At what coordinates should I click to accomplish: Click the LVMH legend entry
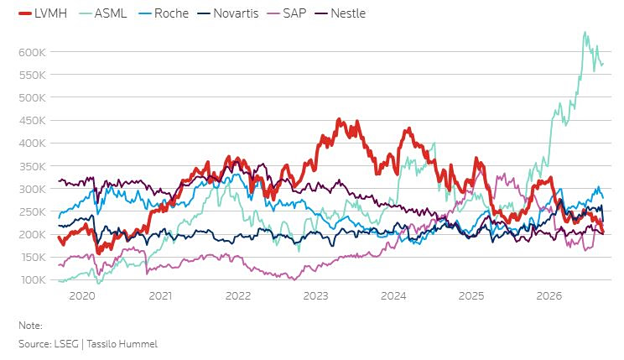pos(43,13)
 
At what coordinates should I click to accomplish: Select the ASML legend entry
pos(102,13)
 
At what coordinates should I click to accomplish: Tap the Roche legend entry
pos(164,13)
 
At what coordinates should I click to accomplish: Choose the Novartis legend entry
pos(228,13)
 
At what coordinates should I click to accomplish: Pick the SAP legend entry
pos(287,13)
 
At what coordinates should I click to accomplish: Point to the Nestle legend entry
pos(341,13)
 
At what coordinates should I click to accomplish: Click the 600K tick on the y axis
pos(32,52)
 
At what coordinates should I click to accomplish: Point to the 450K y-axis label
pos(32,120)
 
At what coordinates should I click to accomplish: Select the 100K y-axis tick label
pos(34,280)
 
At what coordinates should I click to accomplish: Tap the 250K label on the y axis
pos(32,211)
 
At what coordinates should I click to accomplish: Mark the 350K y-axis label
pos(32,166)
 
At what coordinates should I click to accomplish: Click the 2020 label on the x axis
pos(82,296)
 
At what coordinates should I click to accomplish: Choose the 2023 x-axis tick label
pos(315,296)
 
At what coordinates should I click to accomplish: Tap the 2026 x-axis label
pos(549,296)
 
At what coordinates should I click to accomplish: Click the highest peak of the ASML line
pos(585,32)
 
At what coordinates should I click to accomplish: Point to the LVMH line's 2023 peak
pos(339,118)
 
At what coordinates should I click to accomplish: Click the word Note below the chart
pos(30,326)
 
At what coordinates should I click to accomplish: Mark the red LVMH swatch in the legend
pos(24,14)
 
